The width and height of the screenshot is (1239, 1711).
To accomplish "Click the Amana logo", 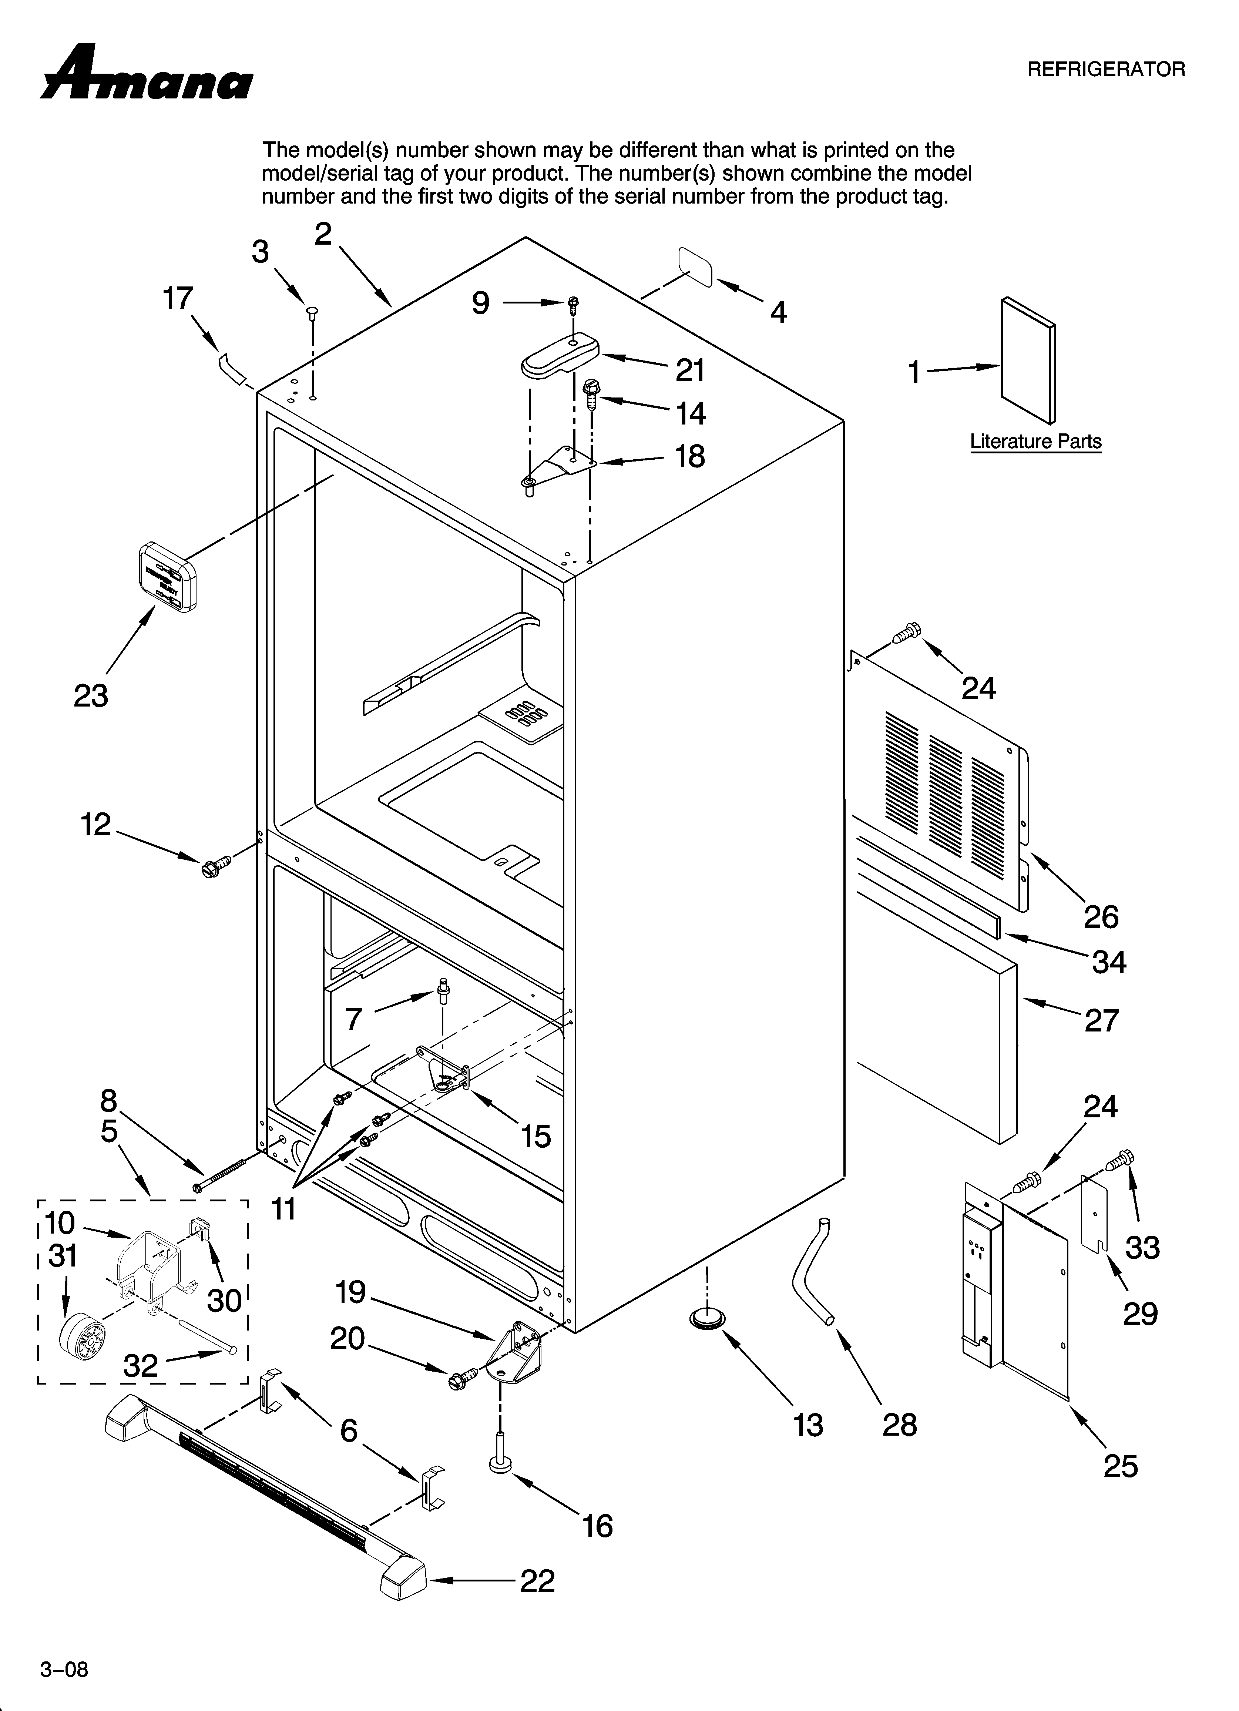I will click(x=147, y=74).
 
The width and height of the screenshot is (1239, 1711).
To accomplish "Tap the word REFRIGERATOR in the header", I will click(x=1106, y=70).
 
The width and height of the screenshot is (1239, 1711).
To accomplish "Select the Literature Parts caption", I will click(x=1035, y=441).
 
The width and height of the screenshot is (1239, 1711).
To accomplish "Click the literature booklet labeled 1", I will click(x=1028, y=360).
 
